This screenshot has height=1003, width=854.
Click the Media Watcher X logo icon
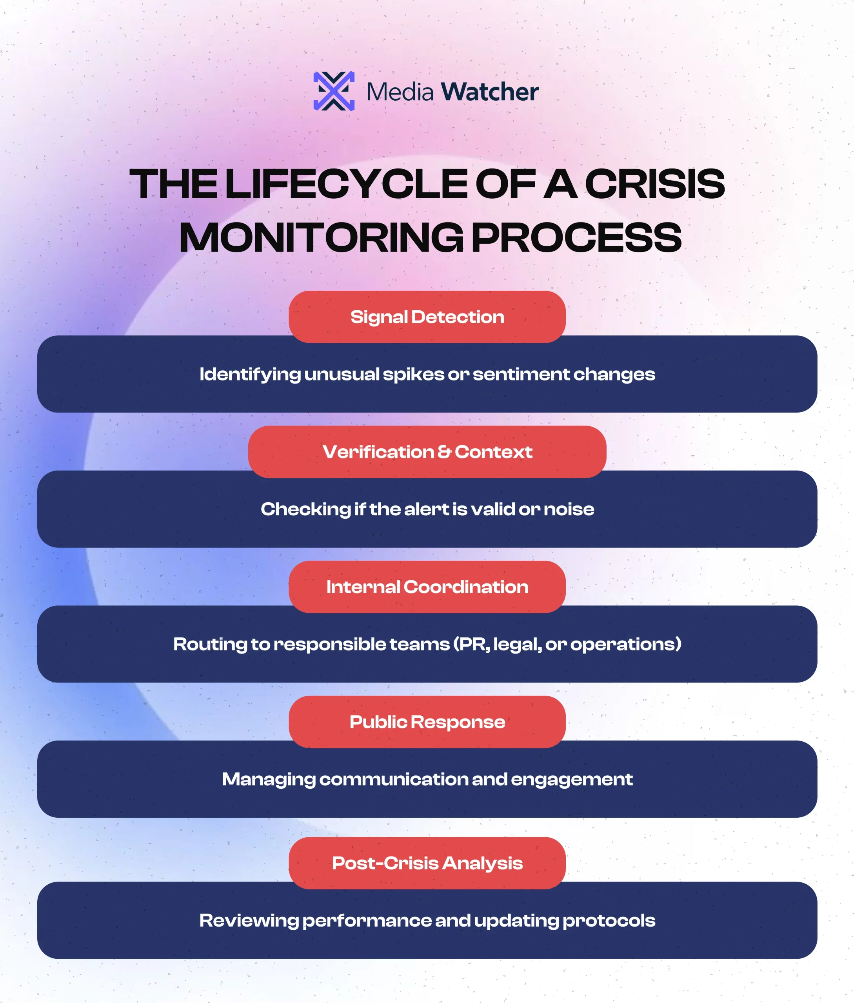[x=334, y=91]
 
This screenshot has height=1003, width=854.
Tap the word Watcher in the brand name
[x=490, y=92]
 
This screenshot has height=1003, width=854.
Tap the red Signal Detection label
[x=427, y=317]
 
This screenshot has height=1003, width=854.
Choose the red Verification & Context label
[x=427, y=452]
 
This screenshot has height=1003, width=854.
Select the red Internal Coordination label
[x=427, y=587]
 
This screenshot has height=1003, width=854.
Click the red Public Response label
[x=427, y=722]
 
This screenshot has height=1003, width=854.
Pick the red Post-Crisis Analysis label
[x=427, y=863]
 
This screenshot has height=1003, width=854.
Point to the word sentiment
[x=521, y=375]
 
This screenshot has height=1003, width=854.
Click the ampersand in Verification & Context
[x=444, y=452]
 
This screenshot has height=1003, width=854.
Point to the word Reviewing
[x=249, y=921]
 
